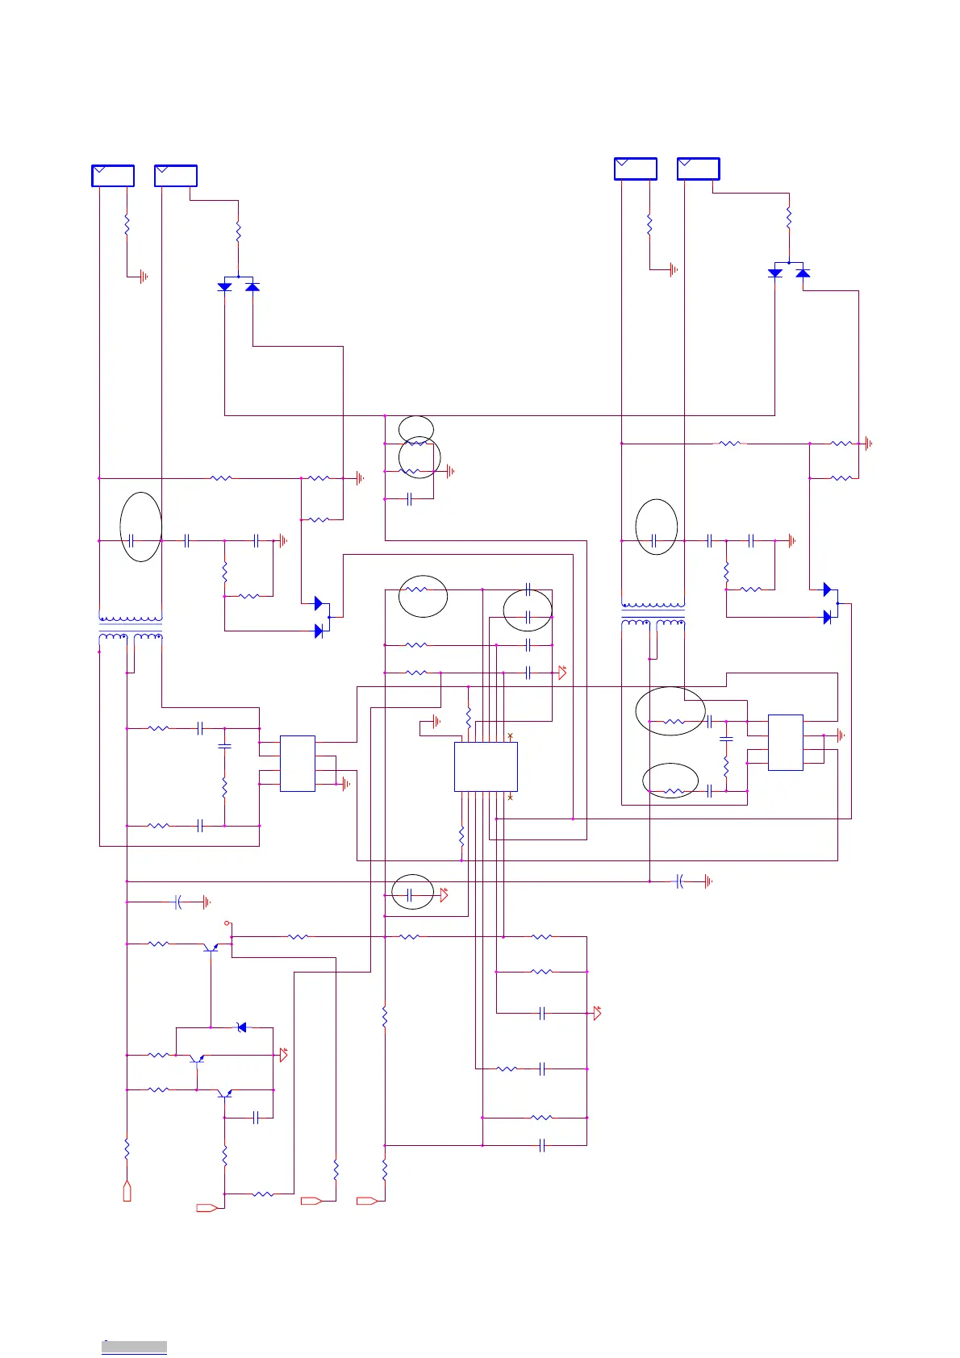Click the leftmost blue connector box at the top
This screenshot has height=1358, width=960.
coord(113,176)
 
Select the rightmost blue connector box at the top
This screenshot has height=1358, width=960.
coord(698,169)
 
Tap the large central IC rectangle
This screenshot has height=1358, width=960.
coord(486,767)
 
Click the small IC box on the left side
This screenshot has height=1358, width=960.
coord(298,764)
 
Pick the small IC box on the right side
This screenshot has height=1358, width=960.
coord(785,742)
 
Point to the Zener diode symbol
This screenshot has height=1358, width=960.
coord(241,1027)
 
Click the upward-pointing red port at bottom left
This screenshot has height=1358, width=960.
coord(127,1191)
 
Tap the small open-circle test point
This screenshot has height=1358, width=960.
coord(227,923)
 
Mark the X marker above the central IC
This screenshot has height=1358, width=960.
coord(510,736)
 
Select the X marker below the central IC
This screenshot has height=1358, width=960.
coord(510,798)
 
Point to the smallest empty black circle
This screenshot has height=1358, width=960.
coord(416,429)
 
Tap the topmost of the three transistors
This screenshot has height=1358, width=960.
coord(211,947)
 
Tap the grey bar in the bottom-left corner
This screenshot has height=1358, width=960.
coord(134,1347)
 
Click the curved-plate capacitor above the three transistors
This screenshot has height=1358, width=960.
coord(178,902)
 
